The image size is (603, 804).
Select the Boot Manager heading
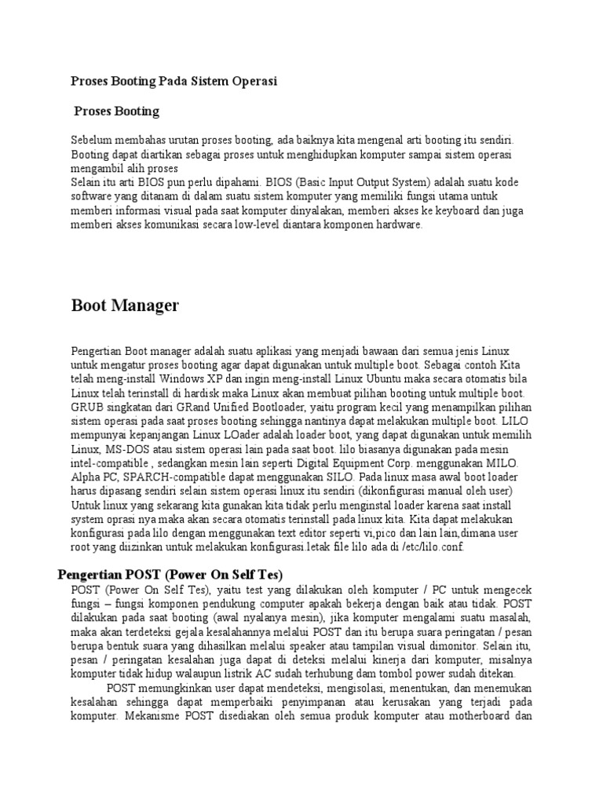point(125,305)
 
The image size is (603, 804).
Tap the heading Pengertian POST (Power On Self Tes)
point(170,576)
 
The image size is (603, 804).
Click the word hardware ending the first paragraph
point(399,225)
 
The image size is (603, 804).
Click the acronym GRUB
point(87,407)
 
